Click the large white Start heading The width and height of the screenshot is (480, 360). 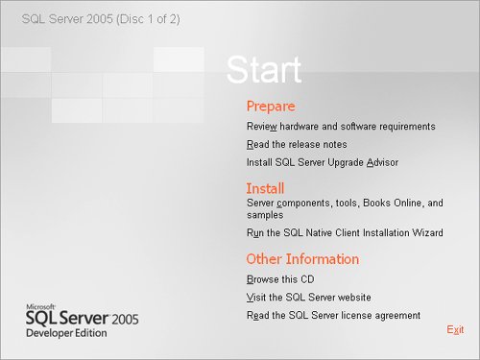(x=264, y=69)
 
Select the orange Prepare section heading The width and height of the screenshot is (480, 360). (x=271, y=107)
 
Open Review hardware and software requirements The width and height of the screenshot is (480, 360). (x=341, y=127)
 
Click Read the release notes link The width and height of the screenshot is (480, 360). (x=297, y=145)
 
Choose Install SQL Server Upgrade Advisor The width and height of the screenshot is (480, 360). (x=323, y=162)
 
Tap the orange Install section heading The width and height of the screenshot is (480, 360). (x=265, y=188)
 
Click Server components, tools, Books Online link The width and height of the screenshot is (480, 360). (x=345, y=208)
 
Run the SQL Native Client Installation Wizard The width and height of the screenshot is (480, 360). (x=345, y=232)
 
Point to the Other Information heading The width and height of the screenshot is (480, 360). (x=302, y=259)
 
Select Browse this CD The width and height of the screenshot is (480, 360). (x=280, y=279)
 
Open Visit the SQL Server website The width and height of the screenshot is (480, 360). (x=309, y=298)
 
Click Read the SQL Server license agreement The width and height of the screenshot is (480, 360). (x=333, y=316)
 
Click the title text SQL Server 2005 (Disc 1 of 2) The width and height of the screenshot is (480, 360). (x=101, y=19)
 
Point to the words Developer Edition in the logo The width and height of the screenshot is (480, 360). (x=66, y=333)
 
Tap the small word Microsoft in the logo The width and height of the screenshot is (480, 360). (x=40, y=307)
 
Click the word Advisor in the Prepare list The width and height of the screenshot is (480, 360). (x=382, y=162)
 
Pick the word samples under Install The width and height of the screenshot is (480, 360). (x=265, y=215)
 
